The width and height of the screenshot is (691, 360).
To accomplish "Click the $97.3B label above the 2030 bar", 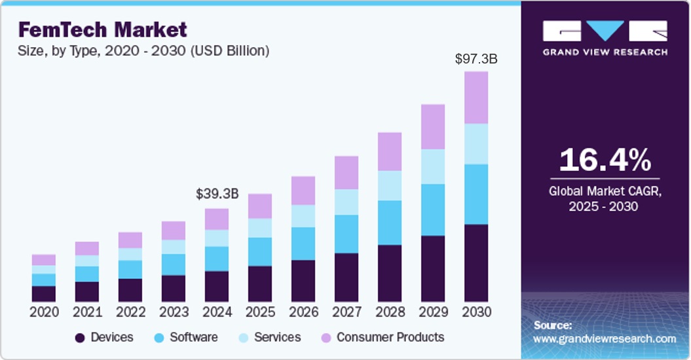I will click(x=476, y=59).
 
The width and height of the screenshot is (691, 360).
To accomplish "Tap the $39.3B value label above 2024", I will click(x=217, y=194).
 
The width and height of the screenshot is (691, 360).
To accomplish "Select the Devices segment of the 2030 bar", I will click(x=476, y=262).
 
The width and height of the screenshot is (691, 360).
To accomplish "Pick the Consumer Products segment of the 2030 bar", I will click(x=476, y=98).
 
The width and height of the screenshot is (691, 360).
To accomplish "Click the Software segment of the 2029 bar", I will click(x=433, y=209).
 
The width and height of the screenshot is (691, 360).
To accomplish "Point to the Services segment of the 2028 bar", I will click(x=390, y=185).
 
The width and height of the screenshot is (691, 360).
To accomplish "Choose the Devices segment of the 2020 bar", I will click(x=44, y=293).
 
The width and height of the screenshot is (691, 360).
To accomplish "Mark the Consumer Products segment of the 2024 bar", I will click(x=217, y=219).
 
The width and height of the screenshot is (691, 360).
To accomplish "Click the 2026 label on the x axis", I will click(x=303, y=312).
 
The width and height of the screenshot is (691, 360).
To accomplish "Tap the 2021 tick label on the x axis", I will click(x=87, y=312).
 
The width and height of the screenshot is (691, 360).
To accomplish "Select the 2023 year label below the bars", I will click(x=174, y=312).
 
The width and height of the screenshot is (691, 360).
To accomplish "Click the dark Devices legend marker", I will click(x=80, y=338).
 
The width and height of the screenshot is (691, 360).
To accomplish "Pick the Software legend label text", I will click(x=194, y=337).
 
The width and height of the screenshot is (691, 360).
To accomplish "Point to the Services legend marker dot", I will click(x=243, y=338).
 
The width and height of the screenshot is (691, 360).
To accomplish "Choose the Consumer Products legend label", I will click(x=390, y=337).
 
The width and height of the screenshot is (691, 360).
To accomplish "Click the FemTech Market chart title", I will click(x=102, y=29).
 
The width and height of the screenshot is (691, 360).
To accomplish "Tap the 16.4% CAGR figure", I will click(x=605, y=161).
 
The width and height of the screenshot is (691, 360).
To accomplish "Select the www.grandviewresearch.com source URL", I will click(x=605, y=339).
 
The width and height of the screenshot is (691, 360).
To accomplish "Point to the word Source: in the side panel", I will click(x=553, y=325).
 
